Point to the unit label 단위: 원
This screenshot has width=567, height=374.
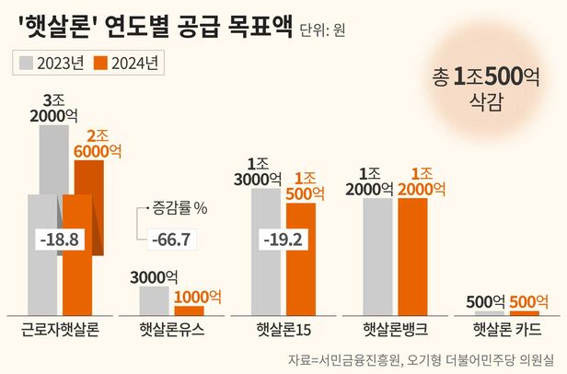(x=323, y=29)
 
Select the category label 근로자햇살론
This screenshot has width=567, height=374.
(x=60, y=329)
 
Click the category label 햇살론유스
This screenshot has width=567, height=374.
(x=172, y=329)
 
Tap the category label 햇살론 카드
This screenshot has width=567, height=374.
(x=504, y=329)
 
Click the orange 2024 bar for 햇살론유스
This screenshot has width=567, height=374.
(x=189, y=310)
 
